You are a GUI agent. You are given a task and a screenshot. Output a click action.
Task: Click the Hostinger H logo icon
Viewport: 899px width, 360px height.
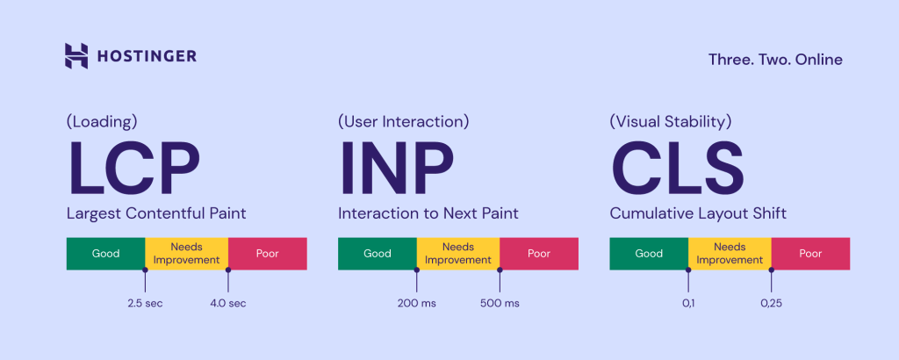click(76, 56)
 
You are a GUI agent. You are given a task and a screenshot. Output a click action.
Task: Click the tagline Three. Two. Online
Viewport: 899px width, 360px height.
click(775, 60)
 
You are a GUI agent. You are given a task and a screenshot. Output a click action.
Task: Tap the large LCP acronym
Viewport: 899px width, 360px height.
click(134, 169)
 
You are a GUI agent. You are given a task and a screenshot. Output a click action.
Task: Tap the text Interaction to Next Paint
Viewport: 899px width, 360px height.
click(428, 212)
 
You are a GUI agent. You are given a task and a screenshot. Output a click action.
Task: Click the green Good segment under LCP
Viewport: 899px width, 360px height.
click(105, 254)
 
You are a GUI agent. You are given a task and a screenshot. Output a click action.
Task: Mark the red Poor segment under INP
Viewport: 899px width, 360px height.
click(538, 254)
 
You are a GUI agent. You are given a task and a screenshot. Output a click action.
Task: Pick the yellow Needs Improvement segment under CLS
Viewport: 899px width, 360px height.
click(730, 254)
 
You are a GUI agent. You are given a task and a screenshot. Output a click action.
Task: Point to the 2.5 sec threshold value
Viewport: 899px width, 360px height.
click(145, 304)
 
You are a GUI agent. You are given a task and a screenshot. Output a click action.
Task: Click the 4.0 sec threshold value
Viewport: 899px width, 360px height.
click(227, 304)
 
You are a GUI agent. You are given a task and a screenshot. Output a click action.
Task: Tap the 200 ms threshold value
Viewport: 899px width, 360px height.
click(416, 304)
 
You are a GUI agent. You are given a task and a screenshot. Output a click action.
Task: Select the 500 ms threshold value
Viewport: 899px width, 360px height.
click(500, 304)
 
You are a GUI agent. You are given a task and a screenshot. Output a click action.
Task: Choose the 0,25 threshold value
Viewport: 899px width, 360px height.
click(771, 304)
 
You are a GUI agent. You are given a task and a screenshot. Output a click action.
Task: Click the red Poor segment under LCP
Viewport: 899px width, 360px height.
click(267, 254)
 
